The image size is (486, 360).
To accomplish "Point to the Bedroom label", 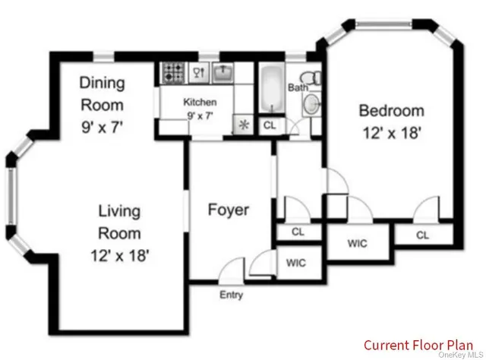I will coord(390,111).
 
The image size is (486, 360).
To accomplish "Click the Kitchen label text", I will coord(200,102).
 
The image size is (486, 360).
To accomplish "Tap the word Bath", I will coord(297,88).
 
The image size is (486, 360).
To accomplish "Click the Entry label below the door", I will coord(231,295).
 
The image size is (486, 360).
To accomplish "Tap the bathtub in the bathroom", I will coord(271,89).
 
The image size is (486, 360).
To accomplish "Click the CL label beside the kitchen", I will coord(269,125).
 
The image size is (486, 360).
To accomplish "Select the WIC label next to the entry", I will coord(295,263).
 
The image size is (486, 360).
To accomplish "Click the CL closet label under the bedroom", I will coord(422,235).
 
